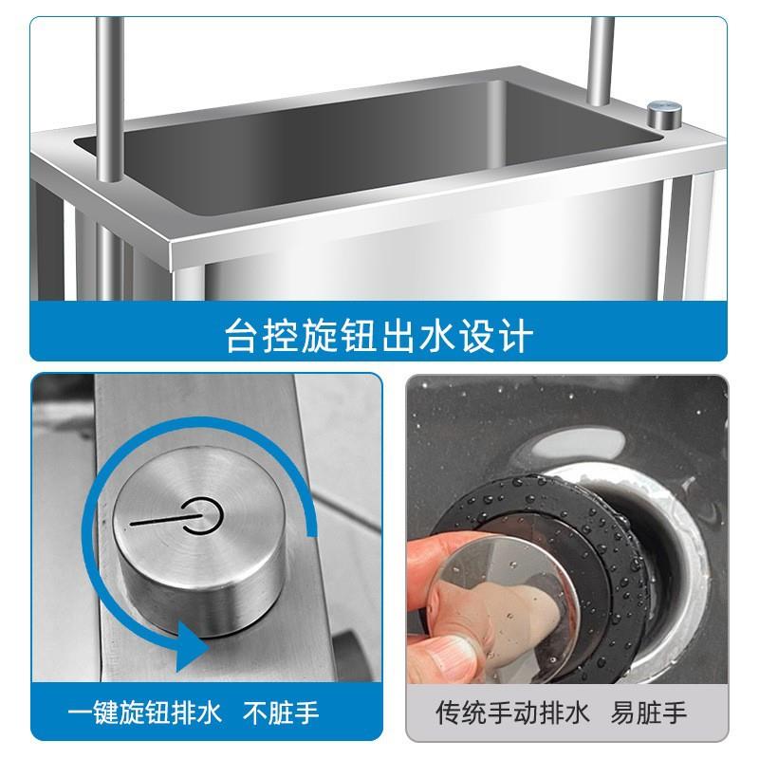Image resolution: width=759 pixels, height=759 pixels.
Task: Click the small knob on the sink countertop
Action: [665, 114]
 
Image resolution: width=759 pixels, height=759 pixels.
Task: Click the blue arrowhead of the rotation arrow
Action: [193, 645]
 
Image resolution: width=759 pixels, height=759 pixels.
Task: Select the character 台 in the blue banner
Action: [242, 336]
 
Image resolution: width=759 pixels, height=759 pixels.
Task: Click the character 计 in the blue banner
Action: [516, 336]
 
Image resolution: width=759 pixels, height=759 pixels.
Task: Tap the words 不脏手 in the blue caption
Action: [281, 713]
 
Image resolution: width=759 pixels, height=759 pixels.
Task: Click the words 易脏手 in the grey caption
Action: [648, 713]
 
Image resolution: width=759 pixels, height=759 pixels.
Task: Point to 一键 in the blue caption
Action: [92, 713]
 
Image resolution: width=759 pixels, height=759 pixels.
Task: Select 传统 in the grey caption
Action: [461, 713]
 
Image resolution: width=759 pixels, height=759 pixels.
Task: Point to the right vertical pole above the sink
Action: [601, 61]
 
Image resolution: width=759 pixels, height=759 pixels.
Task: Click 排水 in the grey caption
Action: [565, 713]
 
